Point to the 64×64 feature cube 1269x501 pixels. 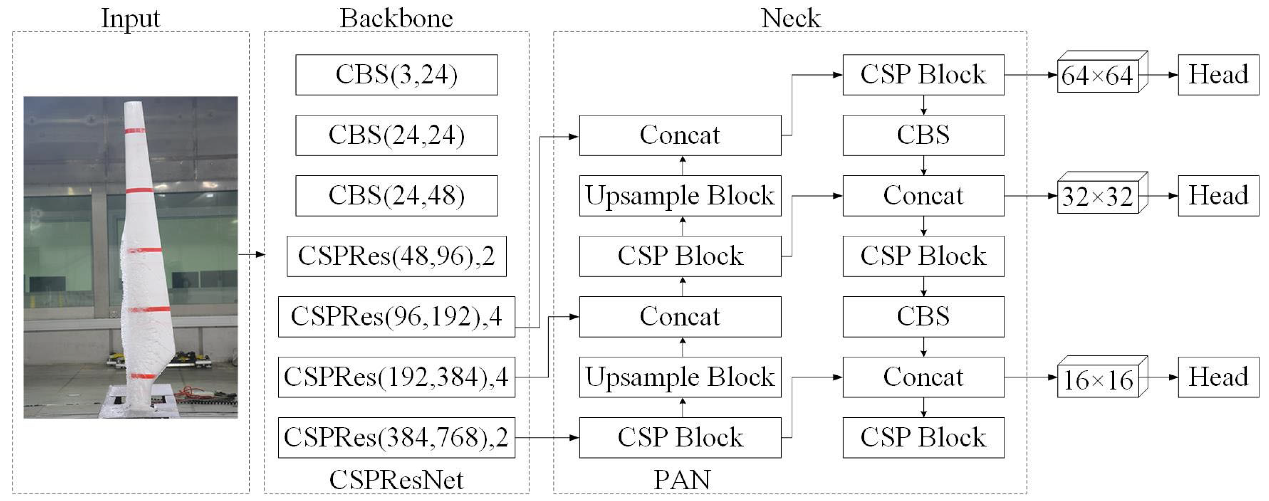click(x=1101, y=74)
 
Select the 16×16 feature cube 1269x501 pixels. click(x=1101, y=378)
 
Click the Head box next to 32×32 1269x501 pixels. click(x=1218, y=196)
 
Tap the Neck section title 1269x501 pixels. click(x=790, y=19)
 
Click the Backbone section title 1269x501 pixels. click(x=396, y=19)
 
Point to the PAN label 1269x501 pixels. click(x=682, y=479)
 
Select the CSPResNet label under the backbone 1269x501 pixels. click(x=396, y=479)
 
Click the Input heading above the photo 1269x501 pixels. click(x=130, y=19)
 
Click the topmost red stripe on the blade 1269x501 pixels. click(x=135, y=130)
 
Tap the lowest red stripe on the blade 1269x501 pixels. click(x=143, y=376)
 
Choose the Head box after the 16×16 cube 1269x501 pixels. click(x=1218, y=377)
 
